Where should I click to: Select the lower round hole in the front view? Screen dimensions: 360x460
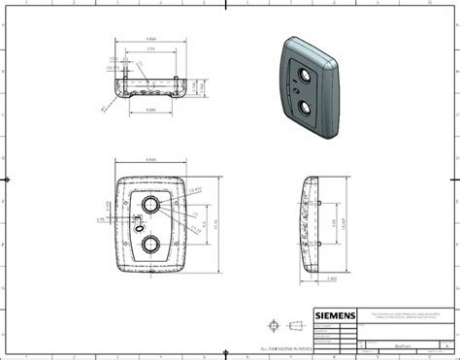click(152, 244)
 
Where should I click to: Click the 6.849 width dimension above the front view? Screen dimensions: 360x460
click(151, 160)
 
